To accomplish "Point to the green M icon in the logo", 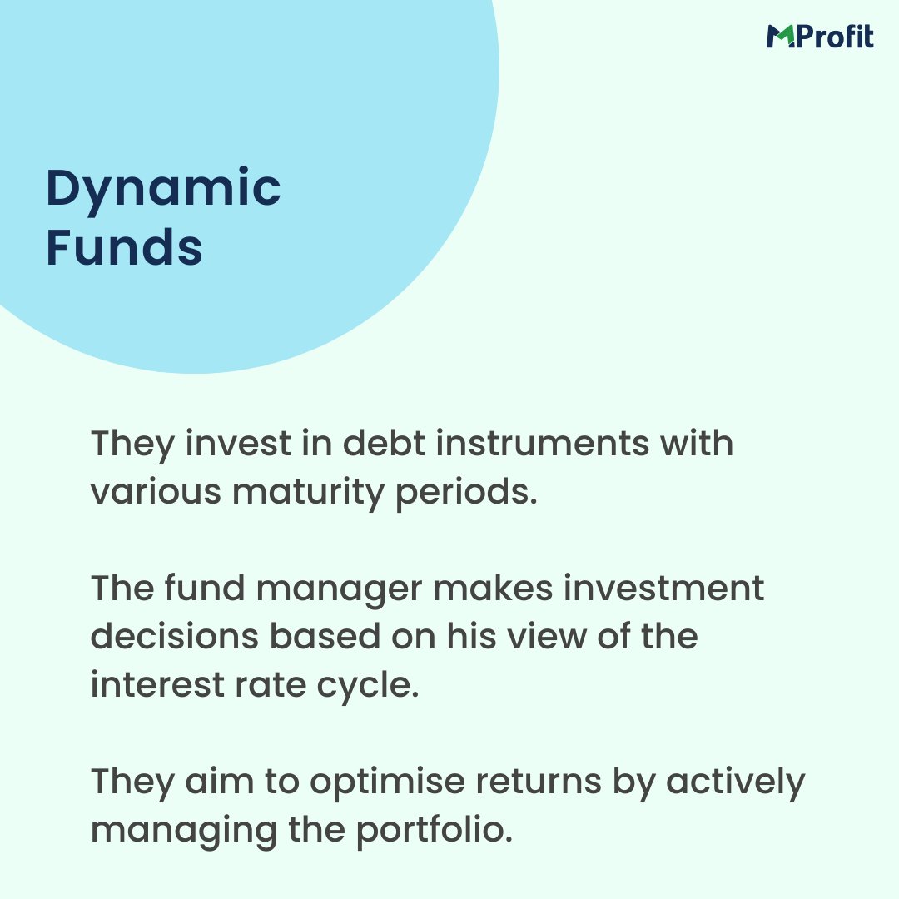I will pyautogui.click(x=780, y=37).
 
